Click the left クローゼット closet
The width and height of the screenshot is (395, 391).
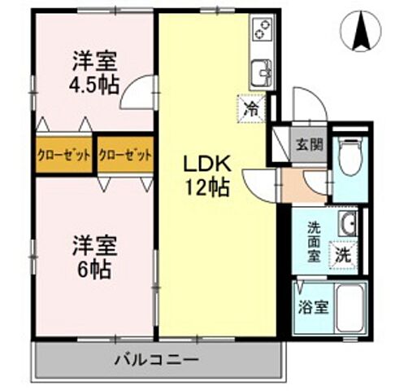[x=63, y=155]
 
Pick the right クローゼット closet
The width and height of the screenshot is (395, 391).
[x=125, y=155]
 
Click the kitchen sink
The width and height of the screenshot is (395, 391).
[x=261, y=72]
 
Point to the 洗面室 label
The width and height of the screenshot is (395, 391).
[x=311, y=237]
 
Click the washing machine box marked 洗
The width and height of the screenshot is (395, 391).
[x=344, y=253]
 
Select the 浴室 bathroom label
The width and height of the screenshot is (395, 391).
[x=312, y=309]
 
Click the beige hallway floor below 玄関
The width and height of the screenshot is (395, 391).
[x=302, y=187]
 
